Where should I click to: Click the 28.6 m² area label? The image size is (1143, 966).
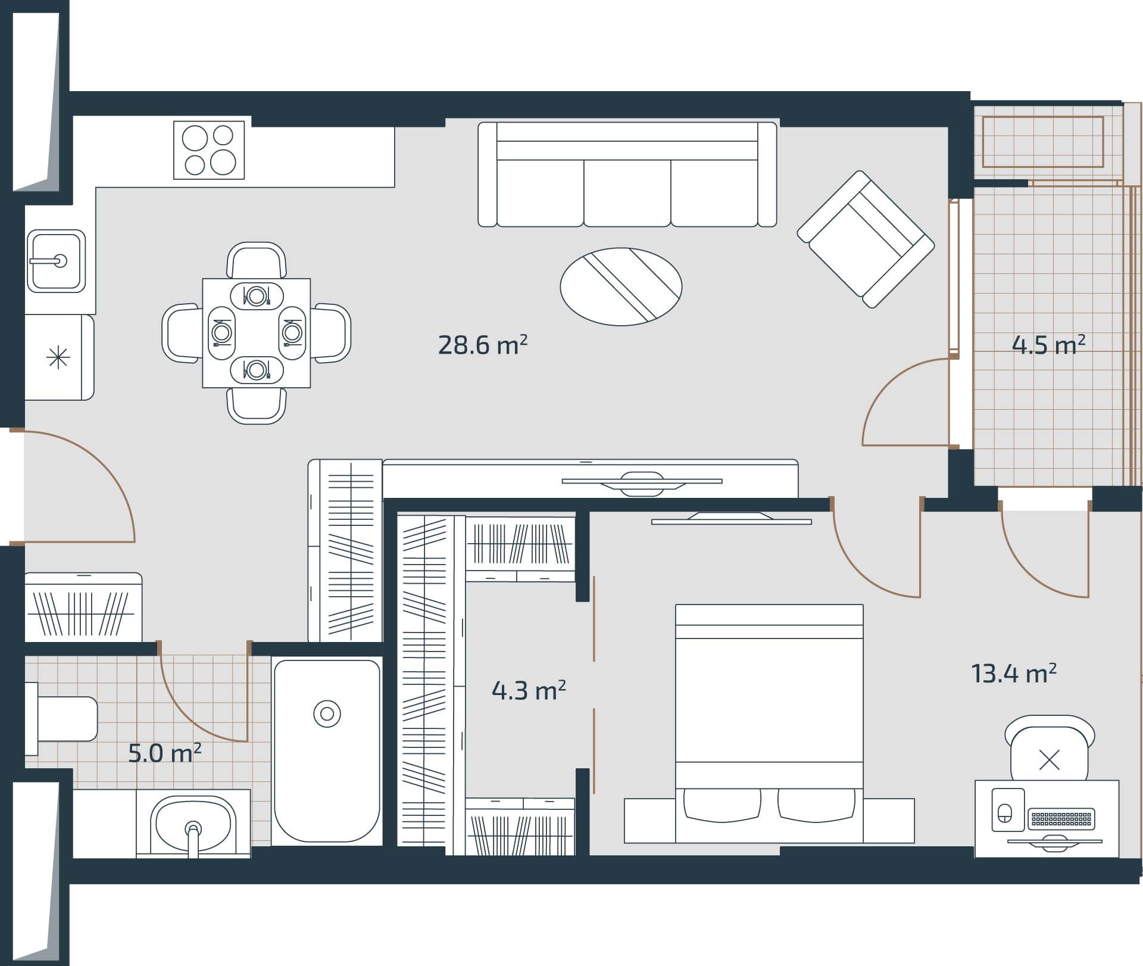[x=482, y=345]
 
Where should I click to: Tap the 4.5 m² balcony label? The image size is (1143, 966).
[x=1048, y=345]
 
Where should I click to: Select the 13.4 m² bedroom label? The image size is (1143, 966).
[x=1013, y=674]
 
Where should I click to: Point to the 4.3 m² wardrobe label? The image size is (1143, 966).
[x=528, y=691]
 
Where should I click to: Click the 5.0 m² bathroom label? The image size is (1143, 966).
[x=164, y=753]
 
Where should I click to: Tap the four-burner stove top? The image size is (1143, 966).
[x=209, y=150]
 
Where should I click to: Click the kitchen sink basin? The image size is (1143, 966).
[x=56, y=261]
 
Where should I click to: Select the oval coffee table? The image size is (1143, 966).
[x=621, y=286]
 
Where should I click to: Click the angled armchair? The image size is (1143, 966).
[x=866, y=239]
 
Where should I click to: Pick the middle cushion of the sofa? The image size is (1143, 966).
[x=627, y=192]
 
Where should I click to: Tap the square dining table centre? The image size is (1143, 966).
[x=256, y=333]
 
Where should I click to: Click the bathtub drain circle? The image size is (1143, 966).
[x=327, y=713]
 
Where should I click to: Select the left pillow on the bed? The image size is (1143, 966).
[x=722, y=805]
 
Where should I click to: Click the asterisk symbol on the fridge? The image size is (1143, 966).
[x=58, y=358]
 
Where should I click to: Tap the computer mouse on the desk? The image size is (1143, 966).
[x=1005, y=814]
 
